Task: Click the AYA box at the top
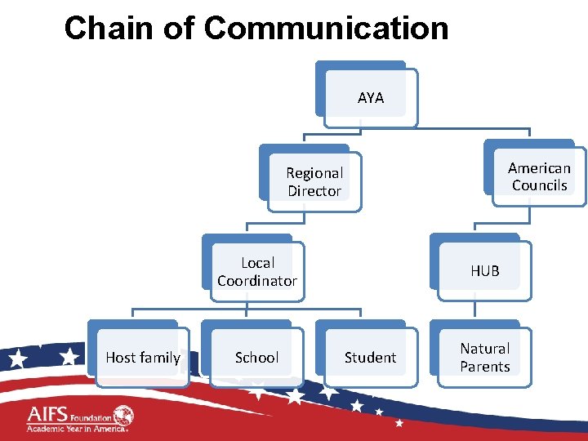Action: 370,98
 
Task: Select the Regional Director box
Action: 314,182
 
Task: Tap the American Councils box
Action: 539,176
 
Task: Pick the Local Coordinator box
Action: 257,272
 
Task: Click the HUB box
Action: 484,270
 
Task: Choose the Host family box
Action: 142,358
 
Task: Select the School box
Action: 256,358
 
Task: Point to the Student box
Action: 370,358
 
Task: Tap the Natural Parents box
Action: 484,358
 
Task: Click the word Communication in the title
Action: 326,29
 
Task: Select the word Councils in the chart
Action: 539,185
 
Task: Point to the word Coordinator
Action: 257,281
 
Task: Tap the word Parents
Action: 484,367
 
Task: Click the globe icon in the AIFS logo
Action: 123,415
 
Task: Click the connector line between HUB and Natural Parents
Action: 476,306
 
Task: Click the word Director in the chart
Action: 314,191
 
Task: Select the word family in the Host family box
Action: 160,358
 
